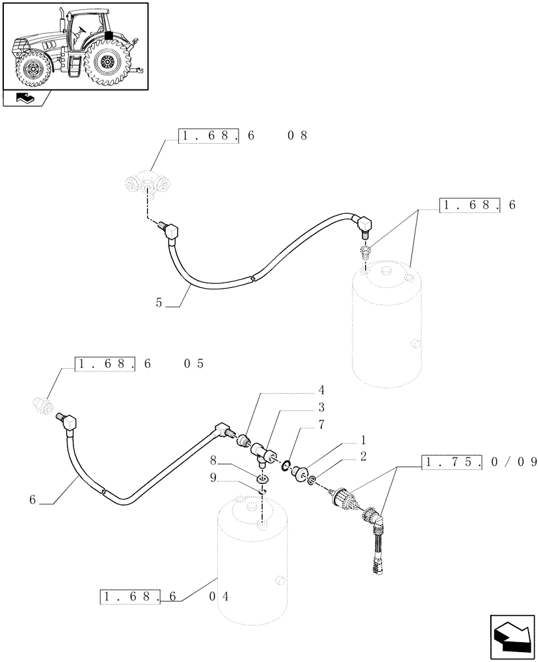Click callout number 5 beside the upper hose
[158, 303]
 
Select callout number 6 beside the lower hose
[32, 500]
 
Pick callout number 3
[302, 407]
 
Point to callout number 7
[302, 424]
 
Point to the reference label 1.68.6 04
[166, 596]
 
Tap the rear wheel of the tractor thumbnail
[107, 64]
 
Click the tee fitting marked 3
[264, 453]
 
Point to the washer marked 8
[263, 479]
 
